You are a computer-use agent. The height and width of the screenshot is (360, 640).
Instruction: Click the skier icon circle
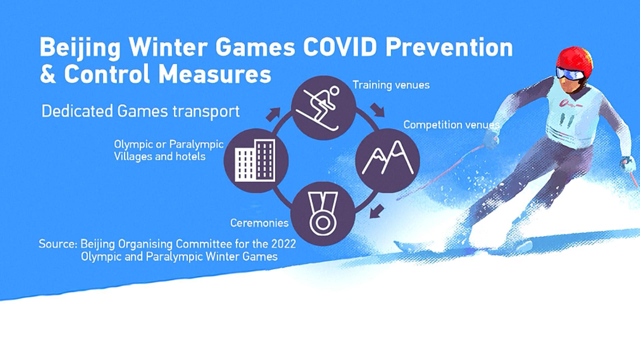tap(323, 108)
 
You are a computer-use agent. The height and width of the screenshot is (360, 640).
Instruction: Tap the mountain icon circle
tap(387, 160)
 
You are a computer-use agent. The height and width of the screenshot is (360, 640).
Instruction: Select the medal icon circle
tap(323, 214)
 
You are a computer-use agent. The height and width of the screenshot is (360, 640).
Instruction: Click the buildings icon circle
tap(256, 160)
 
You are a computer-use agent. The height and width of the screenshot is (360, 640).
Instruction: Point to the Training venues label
tap(391, 85)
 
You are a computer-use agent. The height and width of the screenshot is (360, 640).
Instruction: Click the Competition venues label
tap(451, 125)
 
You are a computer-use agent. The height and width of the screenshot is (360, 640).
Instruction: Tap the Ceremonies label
tap(259, 223)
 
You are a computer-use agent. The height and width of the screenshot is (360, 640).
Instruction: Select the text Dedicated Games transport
tap(140, 111)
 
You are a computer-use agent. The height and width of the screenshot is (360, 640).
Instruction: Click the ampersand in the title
tap(48, 74)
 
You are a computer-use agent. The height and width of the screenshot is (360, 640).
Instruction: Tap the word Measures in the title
tap(215, 74)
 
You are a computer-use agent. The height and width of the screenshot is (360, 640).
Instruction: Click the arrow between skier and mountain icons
tap(377, 110)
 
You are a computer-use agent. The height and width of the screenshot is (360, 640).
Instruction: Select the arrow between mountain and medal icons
tap(377, 211)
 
